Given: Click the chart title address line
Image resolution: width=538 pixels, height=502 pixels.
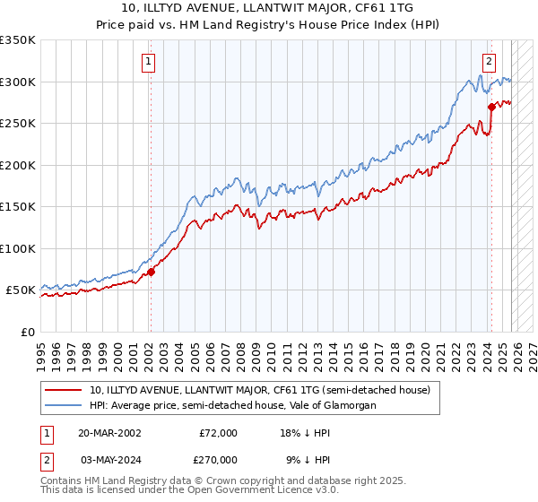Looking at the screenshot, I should coord(268,8).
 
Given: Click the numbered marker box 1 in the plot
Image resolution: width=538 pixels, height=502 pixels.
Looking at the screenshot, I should coord(148,62).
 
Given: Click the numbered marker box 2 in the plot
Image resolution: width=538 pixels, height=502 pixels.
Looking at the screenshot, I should coord(489,62).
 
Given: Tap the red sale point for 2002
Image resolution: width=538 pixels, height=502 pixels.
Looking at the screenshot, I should coord(151,272).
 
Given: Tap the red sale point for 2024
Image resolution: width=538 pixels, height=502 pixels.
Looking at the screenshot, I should coord(491,107).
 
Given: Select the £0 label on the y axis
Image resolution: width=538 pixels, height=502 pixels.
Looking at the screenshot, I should coord(27,332).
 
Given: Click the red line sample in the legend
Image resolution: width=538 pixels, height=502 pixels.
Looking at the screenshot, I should coord(65,390).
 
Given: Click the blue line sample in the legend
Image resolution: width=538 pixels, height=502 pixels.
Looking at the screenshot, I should coord(65,406).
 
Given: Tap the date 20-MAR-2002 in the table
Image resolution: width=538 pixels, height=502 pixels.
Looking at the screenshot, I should coord(109,433).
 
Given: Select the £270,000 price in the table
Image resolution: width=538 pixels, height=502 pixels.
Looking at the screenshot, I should coord(218,459).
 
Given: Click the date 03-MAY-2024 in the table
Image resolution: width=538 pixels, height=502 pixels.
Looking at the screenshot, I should coord(109,459).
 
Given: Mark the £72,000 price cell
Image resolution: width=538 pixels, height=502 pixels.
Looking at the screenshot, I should coord(218,433).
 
